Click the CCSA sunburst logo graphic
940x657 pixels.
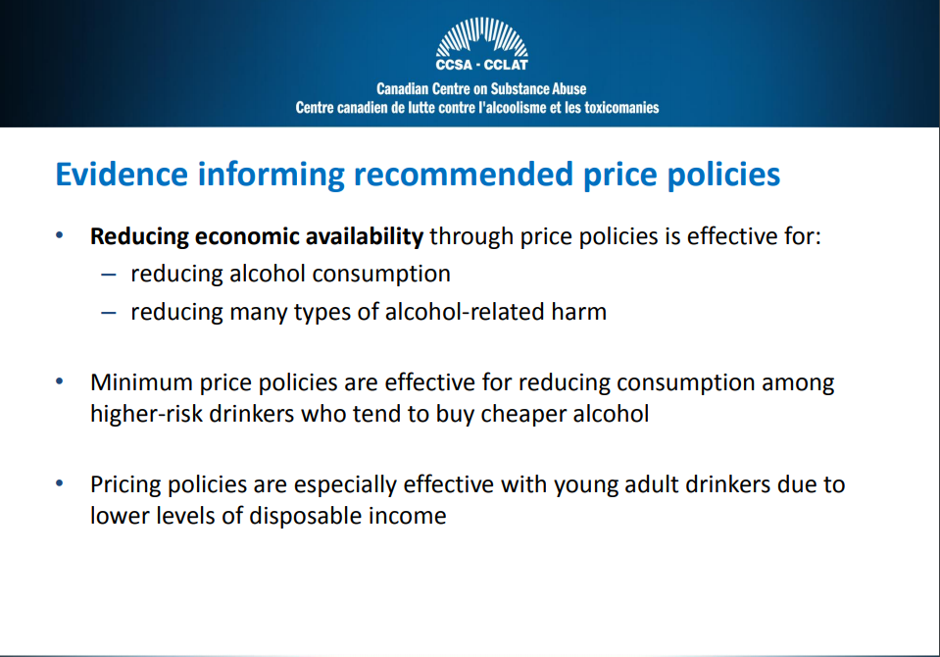pyautogui.click(x=482, y=37)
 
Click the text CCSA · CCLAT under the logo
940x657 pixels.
pyautogui.click(x=482, y=65)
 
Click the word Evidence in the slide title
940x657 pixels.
pyautogui.click(x=122, y=174)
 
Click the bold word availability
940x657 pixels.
pyautogui.click(x=365, y=236)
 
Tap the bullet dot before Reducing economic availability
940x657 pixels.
pyautogui.click(x=60, y=235)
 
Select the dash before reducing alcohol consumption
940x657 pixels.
pyautogui.click(x=109, y=276)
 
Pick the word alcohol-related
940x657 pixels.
pyautogui.click(x=465, y=312)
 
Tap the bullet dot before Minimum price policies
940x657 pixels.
pyautogui.click(x=60, y=381)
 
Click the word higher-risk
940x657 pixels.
pyautogui.click(x=146, y=414)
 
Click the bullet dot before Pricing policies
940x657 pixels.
pyautogui.click(x=60, y=483)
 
